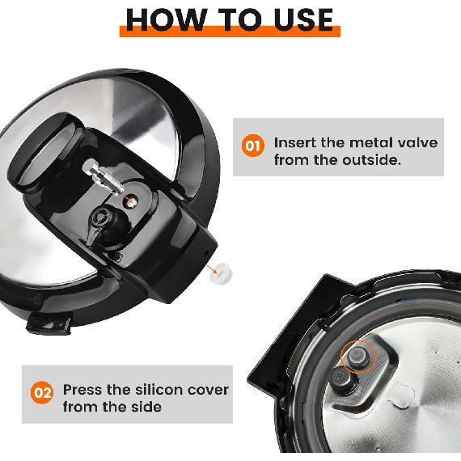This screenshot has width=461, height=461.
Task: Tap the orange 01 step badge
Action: tap(253, 146)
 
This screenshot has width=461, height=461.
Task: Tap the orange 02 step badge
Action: tap(42, 392)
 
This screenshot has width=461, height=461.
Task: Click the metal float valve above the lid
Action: tap(102, 177)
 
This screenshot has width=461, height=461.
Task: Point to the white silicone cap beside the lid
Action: tap(221, 273)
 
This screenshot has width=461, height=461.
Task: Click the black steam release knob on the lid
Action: tap(107, 225)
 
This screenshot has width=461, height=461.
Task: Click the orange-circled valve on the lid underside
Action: tap(358, 357)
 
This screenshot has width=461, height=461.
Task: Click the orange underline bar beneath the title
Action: tap(230, 32)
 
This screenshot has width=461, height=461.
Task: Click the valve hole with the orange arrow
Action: tap(130, 201)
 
